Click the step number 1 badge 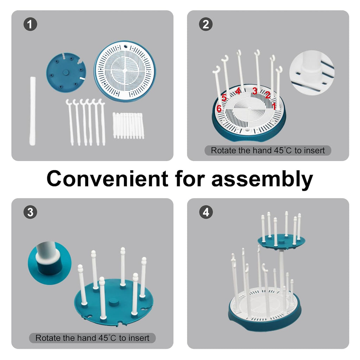click(x=30, y=25)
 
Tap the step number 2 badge click(x=206, y=25)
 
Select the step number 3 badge click(x=30, y=212)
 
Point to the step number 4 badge click(x=206, y=212)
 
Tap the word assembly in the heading click(x=262, y=179)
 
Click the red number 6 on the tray click(x=219, y=109)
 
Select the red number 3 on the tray click(x=255, y=91)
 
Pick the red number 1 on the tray click(x=274, y=105)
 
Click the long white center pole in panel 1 click(x=33, y=111)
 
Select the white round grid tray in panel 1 click(x=124, y=71)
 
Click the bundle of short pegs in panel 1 click(x=128, y=125)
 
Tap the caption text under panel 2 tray click(x=268, y=150)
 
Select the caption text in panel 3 click(x=92, y=338)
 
